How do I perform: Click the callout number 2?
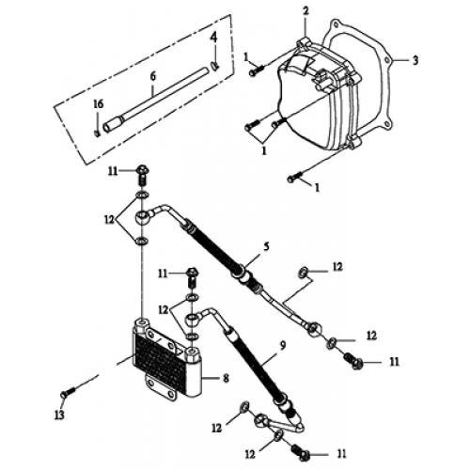(305, 11)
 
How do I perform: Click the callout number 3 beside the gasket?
(415, 60)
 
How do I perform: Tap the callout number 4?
(213, 38)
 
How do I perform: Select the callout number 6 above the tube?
(153, 76)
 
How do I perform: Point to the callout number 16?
(99, 104)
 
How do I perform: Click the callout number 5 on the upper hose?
(266, 246)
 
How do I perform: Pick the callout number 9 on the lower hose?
(282, 347)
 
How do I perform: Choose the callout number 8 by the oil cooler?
(226, 378)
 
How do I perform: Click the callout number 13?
(59, 415)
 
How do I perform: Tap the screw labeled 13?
(69, 392)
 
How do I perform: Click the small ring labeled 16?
(97, 133)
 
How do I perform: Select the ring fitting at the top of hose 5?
(143, 217)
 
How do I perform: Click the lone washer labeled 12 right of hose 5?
(303, 273)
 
